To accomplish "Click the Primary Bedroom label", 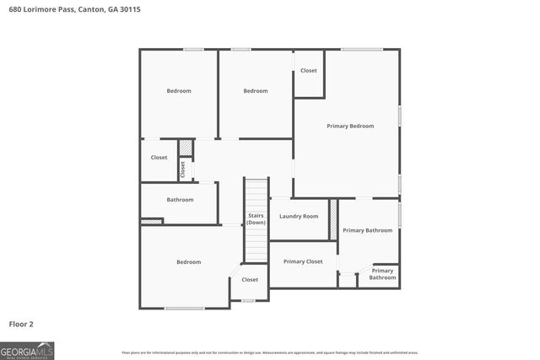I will (x=350, y=126).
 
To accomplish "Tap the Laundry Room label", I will (x=298, y=217).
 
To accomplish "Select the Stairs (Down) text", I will (x=256, y=219).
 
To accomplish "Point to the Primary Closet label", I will (x=303, y=261).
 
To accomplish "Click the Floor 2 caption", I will (x=21, y=323).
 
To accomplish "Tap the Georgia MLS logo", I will (x=27, y=350).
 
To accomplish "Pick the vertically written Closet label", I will (x=182, y=169).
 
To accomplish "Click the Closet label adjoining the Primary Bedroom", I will (x=309, y=71).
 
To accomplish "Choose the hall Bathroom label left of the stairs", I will (x=180, y=200).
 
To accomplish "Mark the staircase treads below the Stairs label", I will (x=256, y=244).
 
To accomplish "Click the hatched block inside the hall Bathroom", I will (x=151, y=221).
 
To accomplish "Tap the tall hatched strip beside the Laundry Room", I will (x=333, y=218).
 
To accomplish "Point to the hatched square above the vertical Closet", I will (x=186, y=150).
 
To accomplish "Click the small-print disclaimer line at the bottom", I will (x=270, y=352).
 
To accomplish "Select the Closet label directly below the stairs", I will (x=250, y=279).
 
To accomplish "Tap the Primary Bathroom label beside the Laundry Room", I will (x=367, y=230).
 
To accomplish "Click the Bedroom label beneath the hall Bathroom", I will (x=188, y=262).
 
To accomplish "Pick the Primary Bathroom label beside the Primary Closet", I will (x=382, y=274).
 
